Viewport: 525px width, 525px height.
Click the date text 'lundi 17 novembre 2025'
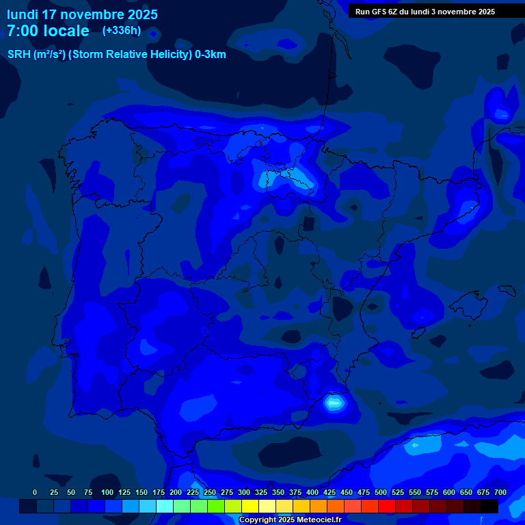82,14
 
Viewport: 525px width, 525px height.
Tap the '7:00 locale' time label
48,31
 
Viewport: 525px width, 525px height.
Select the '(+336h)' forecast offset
121,30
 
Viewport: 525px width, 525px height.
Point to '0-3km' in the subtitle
211,55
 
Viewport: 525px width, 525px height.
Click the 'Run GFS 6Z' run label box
425,11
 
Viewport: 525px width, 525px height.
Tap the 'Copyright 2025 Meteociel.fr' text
290,520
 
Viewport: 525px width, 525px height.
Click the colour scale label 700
500,493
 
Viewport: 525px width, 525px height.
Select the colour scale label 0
35,493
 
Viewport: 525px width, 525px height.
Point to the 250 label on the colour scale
210,493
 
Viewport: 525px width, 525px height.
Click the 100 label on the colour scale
107,493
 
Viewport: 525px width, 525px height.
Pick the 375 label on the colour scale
295,493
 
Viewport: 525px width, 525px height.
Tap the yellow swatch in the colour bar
250,507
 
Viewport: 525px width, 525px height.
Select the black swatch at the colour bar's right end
489,507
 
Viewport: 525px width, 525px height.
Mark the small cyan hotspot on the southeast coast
334,403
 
